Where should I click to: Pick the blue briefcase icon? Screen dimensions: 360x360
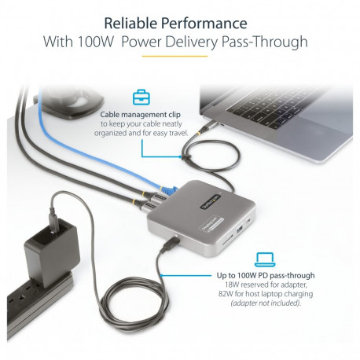coord(141,98)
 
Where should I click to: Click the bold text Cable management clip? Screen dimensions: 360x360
coord(142,114)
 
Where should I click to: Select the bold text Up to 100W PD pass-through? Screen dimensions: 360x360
coord(266,276)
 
